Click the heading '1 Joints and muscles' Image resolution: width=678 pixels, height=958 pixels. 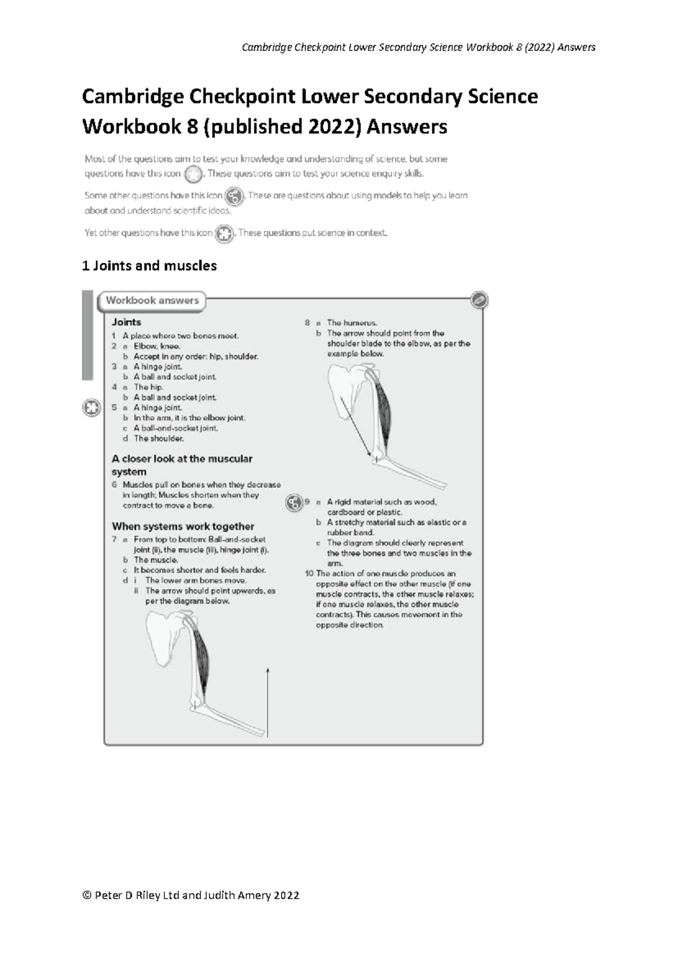[x=149, y=265]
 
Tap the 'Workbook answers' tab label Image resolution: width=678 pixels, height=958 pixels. [x=152, y=301]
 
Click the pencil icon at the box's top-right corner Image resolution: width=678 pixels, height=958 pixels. [x=479, y=301]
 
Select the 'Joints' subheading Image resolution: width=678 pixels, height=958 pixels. [x=126, y=322]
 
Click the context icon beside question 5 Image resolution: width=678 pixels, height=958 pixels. [x=92, y=407]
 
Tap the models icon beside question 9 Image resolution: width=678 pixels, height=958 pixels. [x=294, y=502]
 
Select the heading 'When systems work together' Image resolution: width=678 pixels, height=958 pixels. [x=182, y=526]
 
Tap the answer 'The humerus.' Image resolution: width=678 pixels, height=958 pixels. [x=351, y=323]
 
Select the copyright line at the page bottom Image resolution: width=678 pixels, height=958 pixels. [x=190, y=895]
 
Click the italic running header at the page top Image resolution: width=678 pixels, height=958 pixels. [x=418, y=47]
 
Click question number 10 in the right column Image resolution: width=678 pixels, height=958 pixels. [x=309, y=574]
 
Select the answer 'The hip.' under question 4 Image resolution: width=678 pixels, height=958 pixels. [x=148, y=387]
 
